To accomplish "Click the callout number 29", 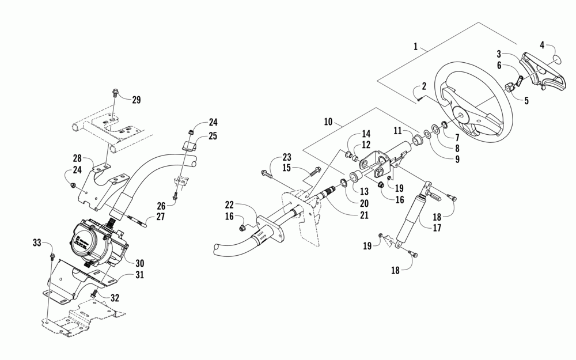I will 136,100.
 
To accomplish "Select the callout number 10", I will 328,122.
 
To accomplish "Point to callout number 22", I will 229,204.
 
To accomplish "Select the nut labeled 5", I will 510,88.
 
